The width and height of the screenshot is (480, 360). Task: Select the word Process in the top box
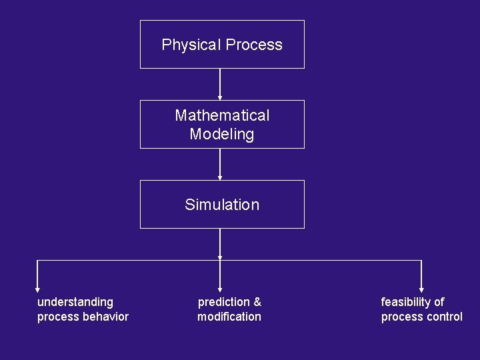254,45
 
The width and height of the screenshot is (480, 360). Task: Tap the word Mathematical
222,115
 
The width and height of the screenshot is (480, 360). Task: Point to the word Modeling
222,134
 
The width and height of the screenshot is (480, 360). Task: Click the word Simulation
222,205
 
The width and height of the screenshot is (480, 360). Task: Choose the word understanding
75,302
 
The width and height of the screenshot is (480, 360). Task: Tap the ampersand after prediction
257,302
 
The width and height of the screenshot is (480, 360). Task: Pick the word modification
229,317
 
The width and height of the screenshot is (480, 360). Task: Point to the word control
443,317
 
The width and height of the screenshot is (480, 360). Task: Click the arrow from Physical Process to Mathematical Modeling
220,84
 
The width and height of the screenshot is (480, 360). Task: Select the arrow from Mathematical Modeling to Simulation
220,164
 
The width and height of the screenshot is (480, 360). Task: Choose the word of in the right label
439,302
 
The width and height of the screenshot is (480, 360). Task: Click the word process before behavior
57,317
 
